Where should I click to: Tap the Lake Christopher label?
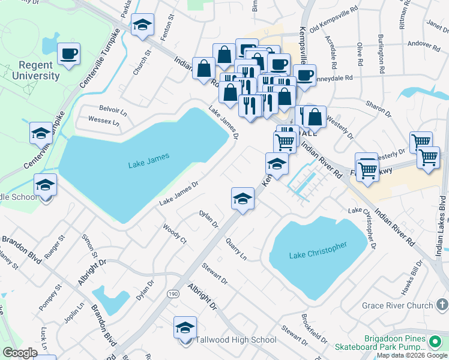(318, 251)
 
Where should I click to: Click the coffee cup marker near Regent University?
(68, 54)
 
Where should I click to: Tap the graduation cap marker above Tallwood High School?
(185, 328)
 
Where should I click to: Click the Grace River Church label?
(397, 305)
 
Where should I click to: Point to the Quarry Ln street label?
(236, 248)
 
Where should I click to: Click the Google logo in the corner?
(20, 353)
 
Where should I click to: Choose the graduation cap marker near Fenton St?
(142, 25)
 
